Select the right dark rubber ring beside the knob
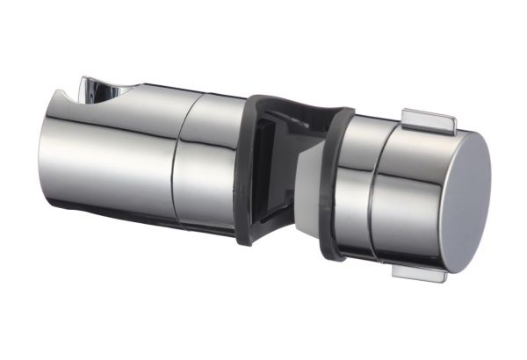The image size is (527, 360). (330, 184)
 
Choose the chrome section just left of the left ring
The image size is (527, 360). (209, 162)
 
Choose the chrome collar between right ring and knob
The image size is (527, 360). (351, 189)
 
